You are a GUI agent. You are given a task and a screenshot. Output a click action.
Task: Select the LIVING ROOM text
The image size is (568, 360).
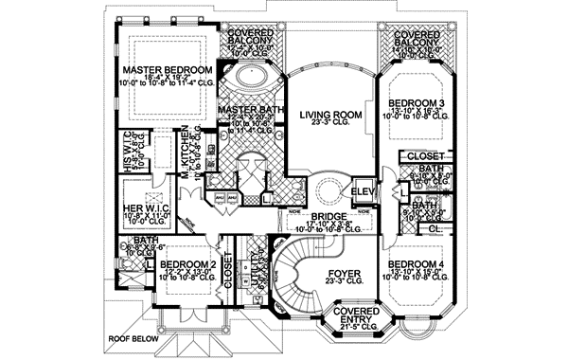tap(331, 115)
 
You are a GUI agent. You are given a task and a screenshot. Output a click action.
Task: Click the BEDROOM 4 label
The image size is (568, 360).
tap(415, 262)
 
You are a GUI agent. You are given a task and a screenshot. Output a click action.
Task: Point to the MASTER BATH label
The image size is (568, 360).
tap(246, 111)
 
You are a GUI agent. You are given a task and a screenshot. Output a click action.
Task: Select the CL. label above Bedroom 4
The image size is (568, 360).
tap(433, 227)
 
